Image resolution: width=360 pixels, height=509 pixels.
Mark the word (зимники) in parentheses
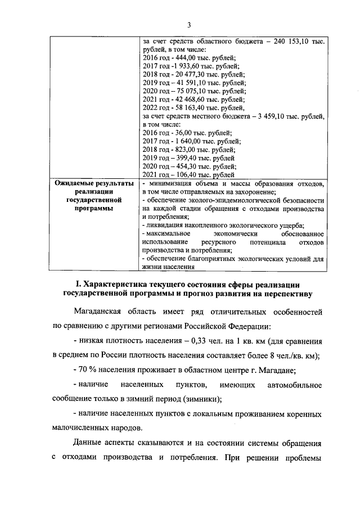point(202,399)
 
